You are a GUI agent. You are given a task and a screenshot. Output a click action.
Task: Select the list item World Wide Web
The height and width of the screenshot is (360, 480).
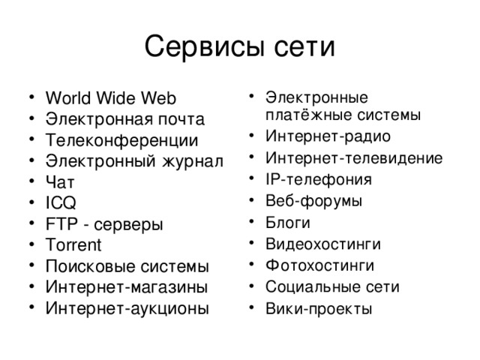pyautogui.click(x=110, y=98)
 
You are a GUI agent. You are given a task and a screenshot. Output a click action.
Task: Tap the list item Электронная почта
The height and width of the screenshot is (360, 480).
pyautogui.click(x=125, y=119)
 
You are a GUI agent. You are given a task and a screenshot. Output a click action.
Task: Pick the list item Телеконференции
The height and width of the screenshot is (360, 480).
pyautogui.click(x=121, y=140)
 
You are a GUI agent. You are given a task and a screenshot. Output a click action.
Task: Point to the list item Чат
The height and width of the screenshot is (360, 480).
pyautogui.click(x=60, y=182)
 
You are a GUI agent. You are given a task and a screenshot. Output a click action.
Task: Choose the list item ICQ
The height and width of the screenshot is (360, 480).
pyautogui.click(x=61, y=202)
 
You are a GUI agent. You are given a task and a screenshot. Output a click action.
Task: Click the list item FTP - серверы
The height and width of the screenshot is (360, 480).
pyautogui.click(x=104, y=224)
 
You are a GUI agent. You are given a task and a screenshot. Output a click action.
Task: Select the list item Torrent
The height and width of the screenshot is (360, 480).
pyautogui.click(x=73, y=245)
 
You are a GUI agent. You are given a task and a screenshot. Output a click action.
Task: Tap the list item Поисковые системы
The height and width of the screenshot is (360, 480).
pyautogui.click(x=127, y=266)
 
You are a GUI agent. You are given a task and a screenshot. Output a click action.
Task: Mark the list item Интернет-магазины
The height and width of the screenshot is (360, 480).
pyautogui.click(x=127, y=287)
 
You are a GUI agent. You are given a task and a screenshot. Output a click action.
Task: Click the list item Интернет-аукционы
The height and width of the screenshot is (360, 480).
pyautogui.click(x=127, y=308)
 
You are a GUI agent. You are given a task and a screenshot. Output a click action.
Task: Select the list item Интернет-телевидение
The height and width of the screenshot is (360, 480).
pyautogui.click(x=353, y=158)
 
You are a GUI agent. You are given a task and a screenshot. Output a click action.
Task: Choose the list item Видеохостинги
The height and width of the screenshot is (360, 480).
pyautogui.click(x=322, y=244)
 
